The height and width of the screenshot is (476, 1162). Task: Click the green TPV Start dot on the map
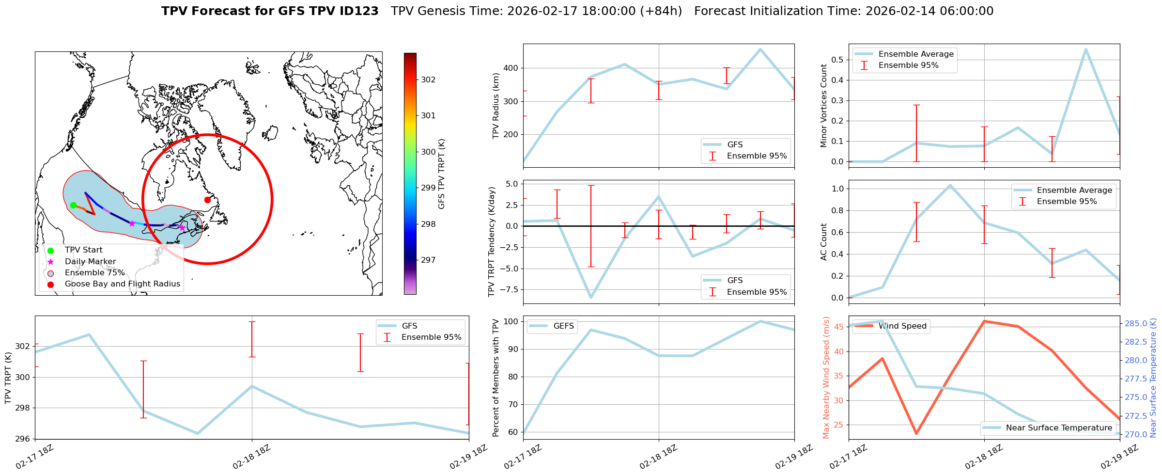tap(73, 205)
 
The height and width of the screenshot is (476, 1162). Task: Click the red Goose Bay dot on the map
tap(207, 200)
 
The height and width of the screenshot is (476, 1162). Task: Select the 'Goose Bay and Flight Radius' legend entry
tap(122, 284)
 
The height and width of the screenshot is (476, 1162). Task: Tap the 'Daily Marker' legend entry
tap(90, 262)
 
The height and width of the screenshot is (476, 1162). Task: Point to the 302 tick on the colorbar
tap(428, 79)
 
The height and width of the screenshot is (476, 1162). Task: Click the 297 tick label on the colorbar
tap(428, 260)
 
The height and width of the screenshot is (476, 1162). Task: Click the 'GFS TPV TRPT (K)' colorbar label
tap(441, 174)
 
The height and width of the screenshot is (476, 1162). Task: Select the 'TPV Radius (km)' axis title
tap(496, 106)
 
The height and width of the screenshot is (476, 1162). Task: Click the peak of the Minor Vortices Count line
tap(1085, 49)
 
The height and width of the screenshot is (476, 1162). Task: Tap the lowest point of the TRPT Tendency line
tap(591, 298)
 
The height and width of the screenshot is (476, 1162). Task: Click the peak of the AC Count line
tap(950, 185)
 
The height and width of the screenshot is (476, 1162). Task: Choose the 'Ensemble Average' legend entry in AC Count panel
tap(1074, 190)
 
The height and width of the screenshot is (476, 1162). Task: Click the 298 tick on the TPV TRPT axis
tap(23, 408)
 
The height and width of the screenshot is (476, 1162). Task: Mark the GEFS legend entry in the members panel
tap(563, 326)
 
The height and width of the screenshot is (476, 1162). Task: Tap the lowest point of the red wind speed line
tap(916, 433)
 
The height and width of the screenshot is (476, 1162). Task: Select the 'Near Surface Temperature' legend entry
tap(1059, 428)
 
